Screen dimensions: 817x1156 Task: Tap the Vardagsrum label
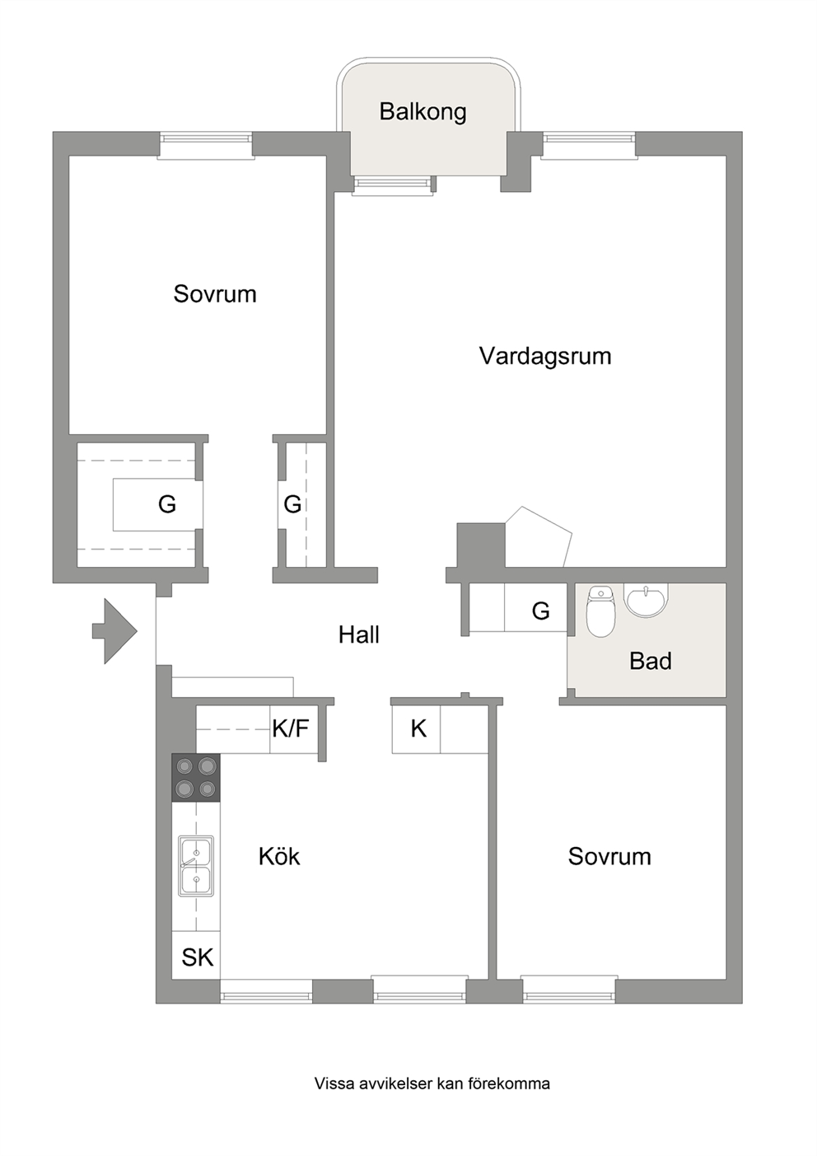545,356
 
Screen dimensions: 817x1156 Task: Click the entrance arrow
114,630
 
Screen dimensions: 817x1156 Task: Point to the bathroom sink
646,600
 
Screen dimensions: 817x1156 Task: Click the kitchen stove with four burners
196,777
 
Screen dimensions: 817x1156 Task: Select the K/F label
291,728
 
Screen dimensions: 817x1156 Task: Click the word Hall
359,634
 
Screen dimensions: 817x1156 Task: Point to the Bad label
651,661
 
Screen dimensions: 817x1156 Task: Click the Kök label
279,856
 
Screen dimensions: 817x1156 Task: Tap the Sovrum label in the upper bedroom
215,294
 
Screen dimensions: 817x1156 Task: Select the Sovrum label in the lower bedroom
609,856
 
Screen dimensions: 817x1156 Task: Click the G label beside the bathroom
540,611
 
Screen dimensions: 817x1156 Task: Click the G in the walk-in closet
167,503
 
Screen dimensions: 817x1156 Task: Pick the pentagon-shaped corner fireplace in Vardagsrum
539,537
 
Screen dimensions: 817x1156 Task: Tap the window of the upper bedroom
206,146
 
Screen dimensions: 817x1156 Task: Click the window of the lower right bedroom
569,989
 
